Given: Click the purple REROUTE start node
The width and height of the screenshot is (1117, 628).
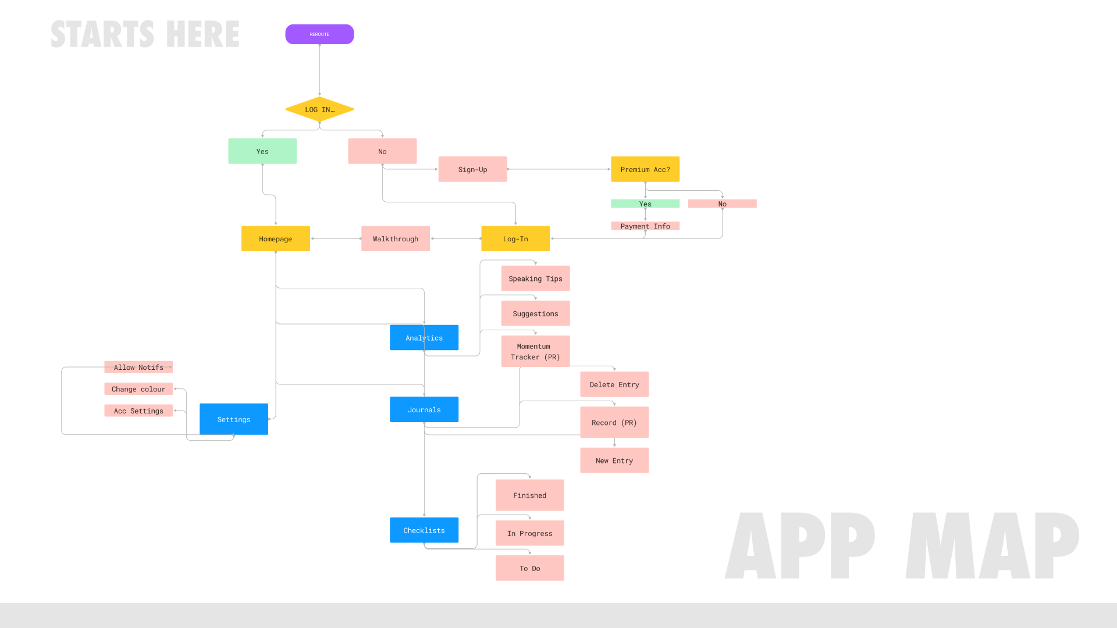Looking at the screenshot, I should click(319, 34).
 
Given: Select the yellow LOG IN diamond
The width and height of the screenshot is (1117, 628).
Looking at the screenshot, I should click(319, 109).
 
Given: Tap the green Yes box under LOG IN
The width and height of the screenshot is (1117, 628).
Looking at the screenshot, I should click(262, 151).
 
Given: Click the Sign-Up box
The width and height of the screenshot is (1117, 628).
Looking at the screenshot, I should click(472, 169).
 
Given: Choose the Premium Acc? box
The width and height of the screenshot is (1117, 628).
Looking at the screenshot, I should click(645, 169).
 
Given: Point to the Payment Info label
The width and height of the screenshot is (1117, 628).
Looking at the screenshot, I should click(645, 226).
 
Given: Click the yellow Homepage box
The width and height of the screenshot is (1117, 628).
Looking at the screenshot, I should click(275, 238).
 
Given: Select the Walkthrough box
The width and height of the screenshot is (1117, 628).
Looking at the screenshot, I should click(395, 238).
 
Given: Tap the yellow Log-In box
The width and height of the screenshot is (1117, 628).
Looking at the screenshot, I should click(515, 238).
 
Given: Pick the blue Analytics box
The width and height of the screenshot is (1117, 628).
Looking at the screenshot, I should click(424, 338).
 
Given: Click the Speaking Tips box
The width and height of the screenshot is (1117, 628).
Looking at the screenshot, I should click(535, 279).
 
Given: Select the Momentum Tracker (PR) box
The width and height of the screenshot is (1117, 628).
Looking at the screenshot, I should click(535, 351).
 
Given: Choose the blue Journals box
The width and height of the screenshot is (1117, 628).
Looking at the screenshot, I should click(424, 409).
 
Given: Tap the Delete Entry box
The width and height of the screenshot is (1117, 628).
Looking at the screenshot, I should click(614, 384).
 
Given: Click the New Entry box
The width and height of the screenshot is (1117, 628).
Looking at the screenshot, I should click(614, 461).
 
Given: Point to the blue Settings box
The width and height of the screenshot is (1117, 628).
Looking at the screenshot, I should click(234, 419).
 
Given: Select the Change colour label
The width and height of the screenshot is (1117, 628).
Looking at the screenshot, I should click(138, 389).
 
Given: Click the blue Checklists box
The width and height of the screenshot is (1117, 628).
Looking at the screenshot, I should click(424, 530).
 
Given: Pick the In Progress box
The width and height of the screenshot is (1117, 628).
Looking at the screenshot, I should click(529, 533).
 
